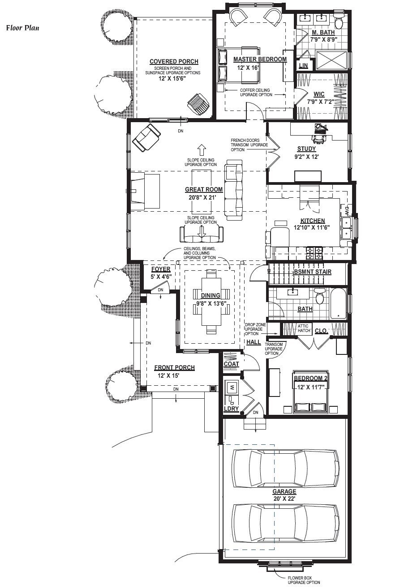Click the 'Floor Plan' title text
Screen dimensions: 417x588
tap(23, 28)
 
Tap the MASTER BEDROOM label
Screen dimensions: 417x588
tap(260, 60)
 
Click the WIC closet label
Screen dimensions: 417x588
tap(319, 94)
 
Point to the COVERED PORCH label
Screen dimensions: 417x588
tap(174, 61)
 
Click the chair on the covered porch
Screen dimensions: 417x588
tap(198, 104)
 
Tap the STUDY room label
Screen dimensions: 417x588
tap(306, 149)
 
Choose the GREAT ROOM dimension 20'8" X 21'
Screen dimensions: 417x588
tap(202, 197)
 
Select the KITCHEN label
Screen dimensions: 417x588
tap(313, 221)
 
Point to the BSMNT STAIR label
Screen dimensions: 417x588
tap(313, 272)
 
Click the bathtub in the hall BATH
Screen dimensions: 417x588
tap(339, 304)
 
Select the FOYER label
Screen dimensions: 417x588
tap(161, 269)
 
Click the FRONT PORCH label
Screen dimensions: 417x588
tap(175, 367)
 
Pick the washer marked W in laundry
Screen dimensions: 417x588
tap(232, 387)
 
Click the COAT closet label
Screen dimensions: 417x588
tap(231, 364)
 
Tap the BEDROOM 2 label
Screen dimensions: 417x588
tap(310, 378)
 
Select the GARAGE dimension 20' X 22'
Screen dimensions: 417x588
tap(284, 499)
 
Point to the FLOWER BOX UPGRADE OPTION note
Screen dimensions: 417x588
tap(304, 580)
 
